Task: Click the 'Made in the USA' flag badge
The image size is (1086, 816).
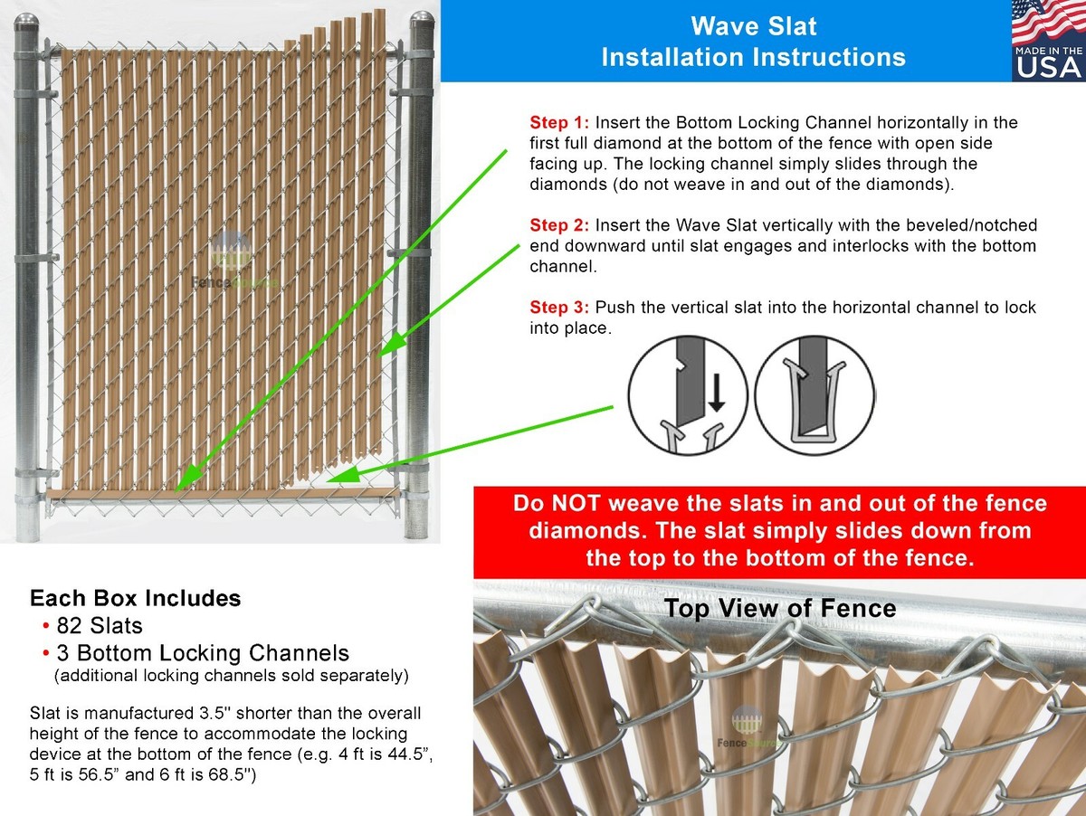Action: (1048, 41)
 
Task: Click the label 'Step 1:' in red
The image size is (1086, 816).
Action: (559, 122)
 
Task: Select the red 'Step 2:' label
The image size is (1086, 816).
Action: (559, 225)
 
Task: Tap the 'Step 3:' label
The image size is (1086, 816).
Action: (559, 308)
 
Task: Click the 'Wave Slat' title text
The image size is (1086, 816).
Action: (753, 25)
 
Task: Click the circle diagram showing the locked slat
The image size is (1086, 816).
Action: (814, 394)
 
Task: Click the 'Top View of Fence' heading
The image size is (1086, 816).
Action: (779, 609)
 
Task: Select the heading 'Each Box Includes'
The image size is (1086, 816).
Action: (135, 598)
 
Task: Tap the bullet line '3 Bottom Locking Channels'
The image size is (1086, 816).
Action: (202, 652)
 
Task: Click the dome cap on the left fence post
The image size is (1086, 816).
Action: (27, 23)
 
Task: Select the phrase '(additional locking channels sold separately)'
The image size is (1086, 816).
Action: (231, 676)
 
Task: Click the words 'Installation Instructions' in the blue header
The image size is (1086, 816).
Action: (753, 57)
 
